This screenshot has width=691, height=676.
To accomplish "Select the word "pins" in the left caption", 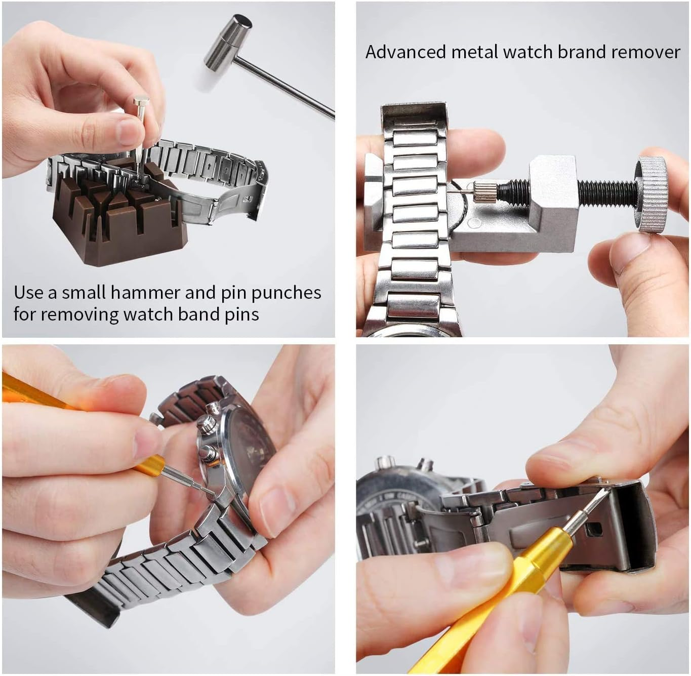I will click(242, 314).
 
